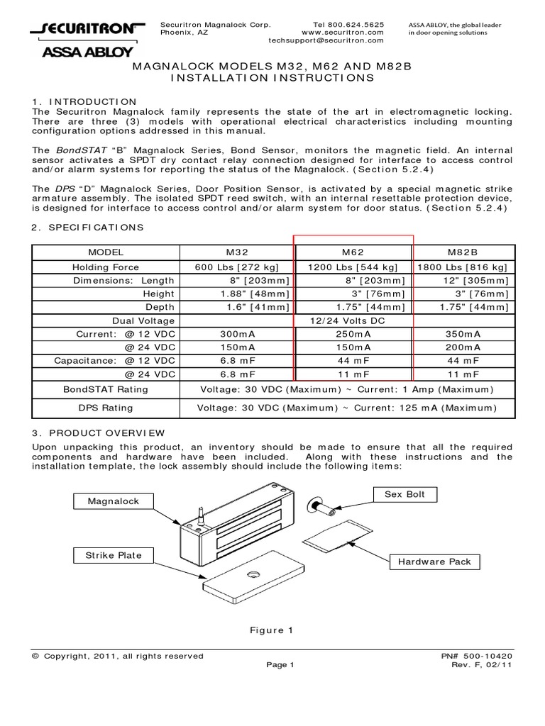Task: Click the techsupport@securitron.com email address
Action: [x=326, y=41]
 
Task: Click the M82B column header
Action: [x=464, y=252]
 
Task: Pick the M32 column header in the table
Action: [x=237, y=252]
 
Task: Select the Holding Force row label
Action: [x=106, y=267]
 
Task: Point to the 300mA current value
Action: [x=237, y=334]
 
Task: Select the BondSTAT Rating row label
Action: [x=106, y=389]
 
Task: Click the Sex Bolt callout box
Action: [x=405, y=494]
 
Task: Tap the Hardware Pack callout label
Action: [x=434, y=562]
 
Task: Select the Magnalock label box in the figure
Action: [x=114, y=501]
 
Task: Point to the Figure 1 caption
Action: [x=271, y=630]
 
